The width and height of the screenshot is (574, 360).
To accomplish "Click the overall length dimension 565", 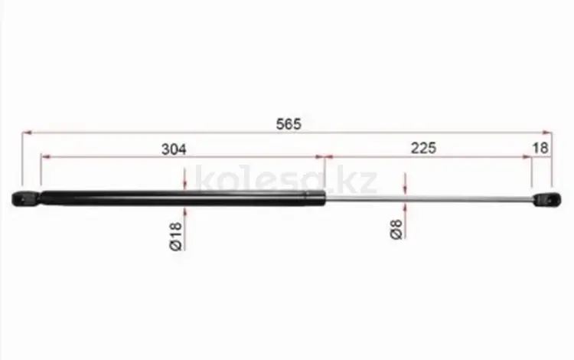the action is tap(289, 124).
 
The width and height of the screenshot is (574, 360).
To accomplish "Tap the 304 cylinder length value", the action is tap(174, 149).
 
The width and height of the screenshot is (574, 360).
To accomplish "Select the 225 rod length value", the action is tap(423, 149).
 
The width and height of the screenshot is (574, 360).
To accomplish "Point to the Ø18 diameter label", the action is tap(176, 236).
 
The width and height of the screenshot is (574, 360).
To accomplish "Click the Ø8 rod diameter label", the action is tap(396, 230).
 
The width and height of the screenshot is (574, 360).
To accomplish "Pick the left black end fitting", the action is tap(25, 199).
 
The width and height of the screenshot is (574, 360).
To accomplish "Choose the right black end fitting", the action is tap(546, 200).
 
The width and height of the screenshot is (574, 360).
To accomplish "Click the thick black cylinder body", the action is tap(182, 198).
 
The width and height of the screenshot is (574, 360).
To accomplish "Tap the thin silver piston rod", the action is tap(429, 199).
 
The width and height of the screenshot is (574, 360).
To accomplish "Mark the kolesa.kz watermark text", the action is tap(286, 179).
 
